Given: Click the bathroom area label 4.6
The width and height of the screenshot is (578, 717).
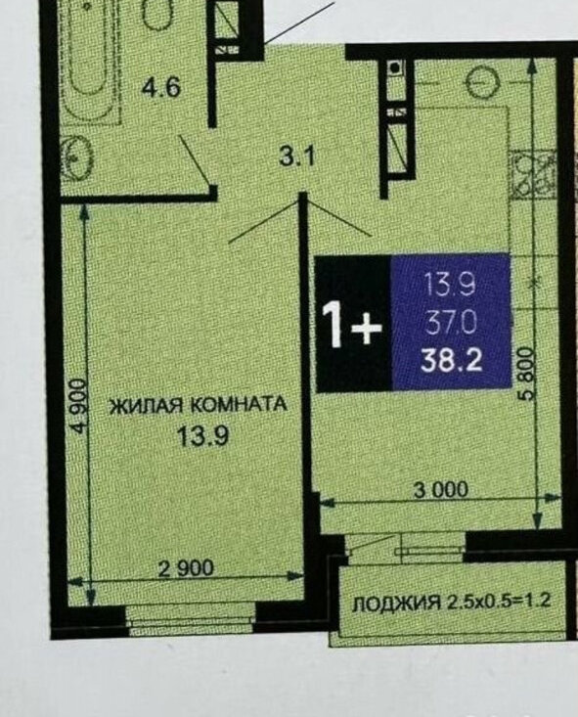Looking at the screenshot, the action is click(x=161, y=87).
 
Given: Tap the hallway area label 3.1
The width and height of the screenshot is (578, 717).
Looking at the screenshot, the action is click(x=297, y=157).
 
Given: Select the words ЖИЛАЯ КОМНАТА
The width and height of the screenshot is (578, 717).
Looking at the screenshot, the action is click(x=199, y=405).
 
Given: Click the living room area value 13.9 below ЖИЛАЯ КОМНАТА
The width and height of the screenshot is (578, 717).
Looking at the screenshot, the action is click(x=202, y=436).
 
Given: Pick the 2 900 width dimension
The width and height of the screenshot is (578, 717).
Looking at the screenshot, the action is click(x=186, y=568).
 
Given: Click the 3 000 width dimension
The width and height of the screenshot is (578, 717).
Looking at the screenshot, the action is click(x=441, y=490).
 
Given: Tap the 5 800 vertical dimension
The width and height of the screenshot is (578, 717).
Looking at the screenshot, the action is click(x=527, y=374).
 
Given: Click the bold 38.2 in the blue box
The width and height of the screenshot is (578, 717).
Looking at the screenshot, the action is click(x=452, y=361).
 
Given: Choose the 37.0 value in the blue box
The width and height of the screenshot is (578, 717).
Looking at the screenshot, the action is click(x=451, y=324).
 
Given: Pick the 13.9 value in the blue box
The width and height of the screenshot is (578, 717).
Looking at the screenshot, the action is click(x=451, y=284).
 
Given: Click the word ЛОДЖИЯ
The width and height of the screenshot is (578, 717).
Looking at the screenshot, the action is click(x=396, y=605).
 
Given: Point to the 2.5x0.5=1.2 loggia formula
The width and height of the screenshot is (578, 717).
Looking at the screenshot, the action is click(x=497, y=601).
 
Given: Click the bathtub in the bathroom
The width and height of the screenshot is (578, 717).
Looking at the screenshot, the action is click(x=89, y=62).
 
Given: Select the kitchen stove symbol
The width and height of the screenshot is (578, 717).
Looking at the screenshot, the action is click(x=534, y=175).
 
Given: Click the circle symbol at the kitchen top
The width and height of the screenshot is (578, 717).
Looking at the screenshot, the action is click(x=483, y=81).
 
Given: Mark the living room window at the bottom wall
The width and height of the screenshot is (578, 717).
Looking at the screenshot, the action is click(x=191, y=621).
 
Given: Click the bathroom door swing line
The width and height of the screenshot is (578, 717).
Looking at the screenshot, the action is click(x=195, y=159).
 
